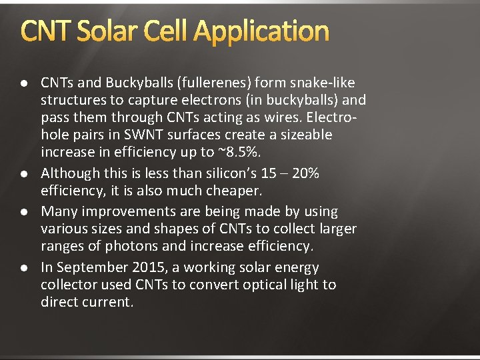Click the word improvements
120,211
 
